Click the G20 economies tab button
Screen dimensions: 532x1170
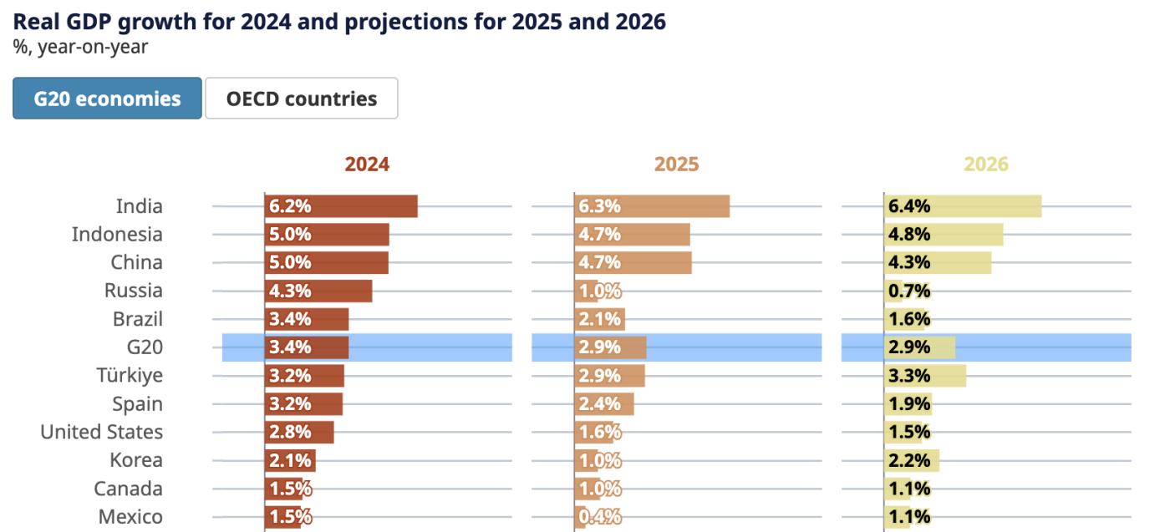(x=107, y=99)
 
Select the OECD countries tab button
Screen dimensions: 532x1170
(x=301, y=99)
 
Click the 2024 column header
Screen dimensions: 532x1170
(x=367, y=165)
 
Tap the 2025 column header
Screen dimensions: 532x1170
(x=676, y=165)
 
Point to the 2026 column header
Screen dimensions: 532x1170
(x=986, y=165)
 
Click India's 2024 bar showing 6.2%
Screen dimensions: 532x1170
(x=341, y=206)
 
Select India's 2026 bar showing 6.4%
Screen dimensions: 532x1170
(x=963, y=206)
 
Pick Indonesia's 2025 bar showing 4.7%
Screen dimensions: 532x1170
(x=633, y=235)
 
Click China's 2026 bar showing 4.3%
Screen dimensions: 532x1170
(x=938, y=263)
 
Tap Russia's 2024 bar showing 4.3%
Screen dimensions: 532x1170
(x=318, y=291)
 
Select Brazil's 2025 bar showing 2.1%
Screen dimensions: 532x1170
(x=600, y=319)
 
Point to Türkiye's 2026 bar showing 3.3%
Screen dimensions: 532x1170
(x=925, y=376)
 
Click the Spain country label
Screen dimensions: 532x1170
(x=138, y=404)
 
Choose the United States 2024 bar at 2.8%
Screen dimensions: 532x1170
(x=299, y=433)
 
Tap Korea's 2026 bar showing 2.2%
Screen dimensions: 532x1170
(x=912, y=460)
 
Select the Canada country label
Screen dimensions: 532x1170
(x=128, y=489)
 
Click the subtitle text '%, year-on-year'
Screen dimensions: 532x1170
(x=80, y=48)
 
